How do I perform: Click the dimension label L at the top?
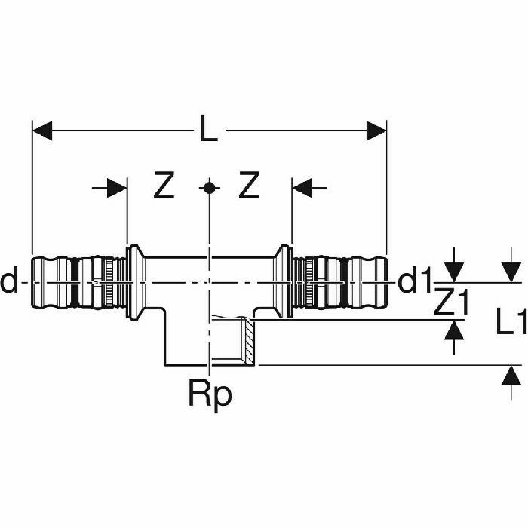click(x=209, y=128)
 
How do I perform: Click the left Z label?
click(x=164, y=185)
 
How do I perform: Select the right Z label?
click(x=249, y=185)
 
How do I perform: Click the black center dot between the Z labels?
click(x=210, y=188)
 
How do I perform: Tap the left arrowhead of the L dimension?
click(x=42, y=130)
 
